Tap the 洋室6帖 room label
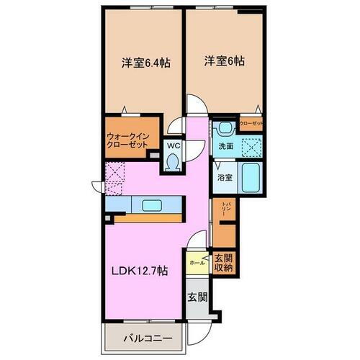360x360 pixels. pyautogui.click(x=223, y=62)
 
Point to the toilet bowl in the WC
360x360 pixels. pyautogui.click(x=173, y=163)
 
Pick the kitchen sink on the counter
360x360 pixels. pyautogui.click(x=152, y=206)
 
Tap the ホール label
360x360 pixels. pyautogui.click(x=197, y=264)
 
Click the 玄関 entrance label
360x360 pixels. pyautogui.click(x=197, y=297)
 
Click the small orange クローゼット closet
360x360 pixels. pyautogui.click(x=252, y=124)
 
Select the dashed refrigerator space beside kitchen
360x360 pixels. pyautogui.click(x=115, y=175)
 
